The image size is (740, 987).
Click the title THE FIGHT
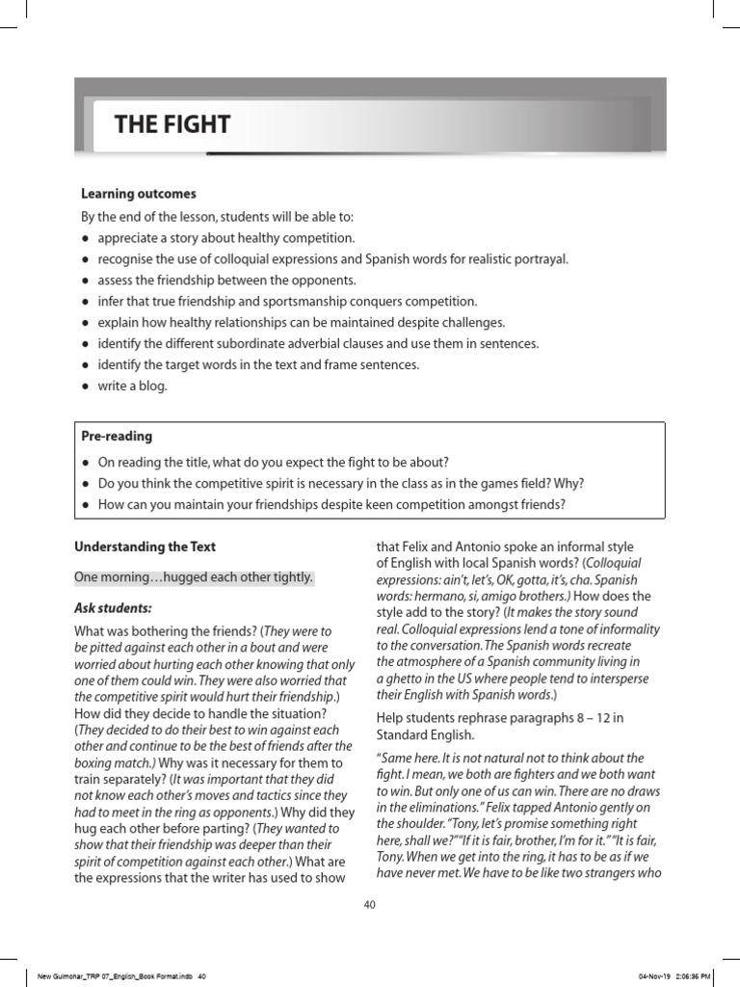(172, 124)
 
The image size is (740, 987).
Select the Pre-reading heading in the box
(117, 437)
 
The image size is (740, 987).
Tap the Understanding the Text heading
(145, 547)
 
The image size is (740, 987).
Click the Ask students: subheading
(113, 608)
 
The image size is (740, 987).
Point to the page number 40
(369, 904)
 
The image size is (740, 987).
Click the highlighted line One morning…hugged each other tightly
(194, 577)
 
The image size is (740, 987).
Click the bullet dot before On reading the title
(86, 462)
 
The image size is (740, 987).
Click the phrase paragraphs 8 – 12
(571, 716)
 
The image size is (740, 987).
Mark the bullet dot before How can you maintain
(86, 504)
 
